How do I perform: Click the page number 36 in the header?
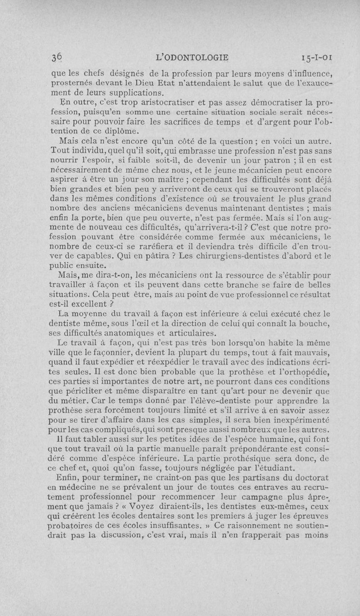pyautogui.click(x=56, y=58)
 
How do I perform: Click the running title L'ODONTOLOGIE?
pyautogui.click(x=191, y=58)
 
